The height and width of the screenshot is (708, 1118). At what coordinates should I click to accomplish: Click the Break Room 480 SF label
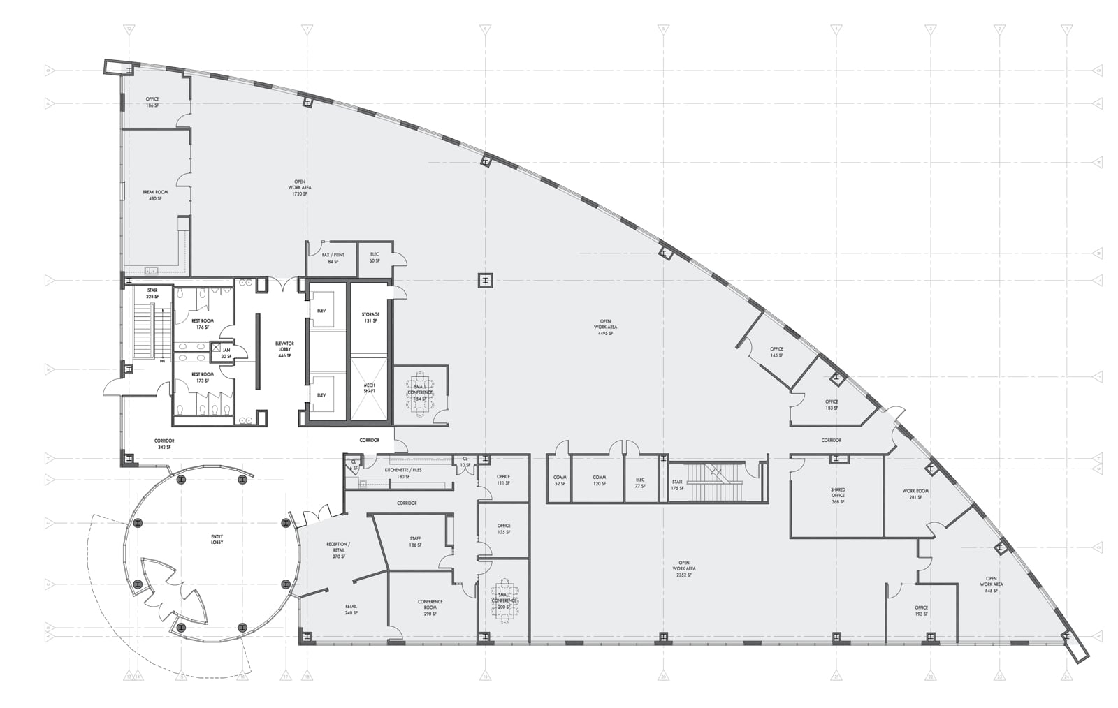tap(155, 196)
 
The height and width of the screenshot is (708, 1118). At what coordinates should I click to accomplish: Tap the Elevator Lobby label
tap(284, 349)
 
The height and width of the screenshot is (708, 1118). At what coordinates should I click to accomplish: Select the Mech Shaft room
tap(369, 388)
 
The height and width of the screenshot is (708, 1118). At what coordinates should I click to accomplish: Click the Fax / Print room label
tap(333, 258)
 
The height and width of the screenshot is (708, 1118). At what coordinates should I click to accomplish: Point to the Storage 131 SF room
tap(370, 318)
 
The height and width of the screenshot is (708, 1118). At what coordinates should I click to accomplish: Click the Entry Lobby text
tap(217, 539)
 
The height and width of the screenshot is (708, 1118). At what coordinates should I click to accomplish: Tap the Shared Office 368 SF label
tap(838, 496)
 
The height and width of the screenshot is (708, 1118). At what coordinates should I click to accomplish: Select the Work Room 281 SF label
tap(915, 494)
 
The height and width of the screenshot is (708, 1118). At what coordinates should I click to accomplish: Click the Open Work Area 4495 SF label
tap(605, 327)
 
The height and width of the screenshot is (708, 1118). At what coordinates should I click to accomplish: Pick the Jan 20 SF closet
tap(226, 353)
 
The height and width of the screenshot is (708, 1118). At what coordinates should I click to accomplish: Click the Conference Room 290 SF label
tap(430, 607)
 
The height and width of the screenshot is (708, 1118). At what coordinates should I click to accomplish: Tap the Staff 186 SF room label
tap(415, 541)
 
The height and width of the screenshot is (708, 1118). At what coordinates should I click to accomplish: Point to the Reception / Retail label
tap(338, 550)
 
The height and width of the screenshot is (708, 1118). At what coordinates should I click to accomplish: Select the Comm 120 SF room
tap(599, 480)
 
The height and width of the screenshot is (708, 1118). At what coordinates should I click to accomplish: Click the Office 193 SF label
tap(921, 610)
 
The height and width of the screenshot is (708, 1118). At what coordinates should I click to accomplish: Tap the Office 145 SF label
tap(776, 352)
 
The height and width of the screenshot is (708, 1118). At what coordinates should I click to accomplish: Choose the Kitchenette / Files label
tap(403, 473)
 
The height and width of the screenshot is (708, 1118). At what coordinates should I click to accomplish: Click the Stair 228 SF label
tap(152, 293)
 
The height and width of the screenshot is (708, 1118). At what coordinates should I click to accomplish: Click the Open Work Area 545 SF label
tap(991, 584)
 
